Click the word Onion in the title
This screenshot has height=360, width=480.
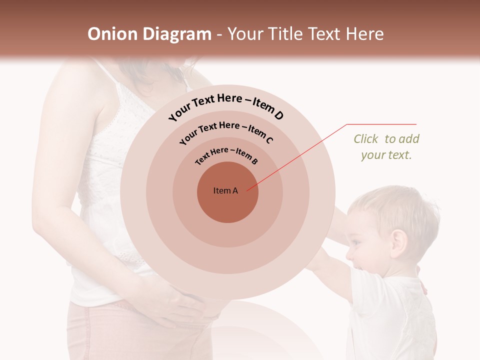click(113, 34)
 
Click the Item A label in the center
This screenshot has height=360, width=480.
click(225, 190)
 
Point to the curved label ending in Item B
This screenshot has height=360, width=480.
click(226, 155)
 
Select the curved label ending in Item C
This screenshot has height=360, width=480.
click(226, 131)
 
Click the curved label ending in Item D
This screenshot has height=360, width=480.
click(226, 106)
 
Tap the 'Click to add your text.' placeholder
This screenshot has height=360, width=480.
click(386, 147)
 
